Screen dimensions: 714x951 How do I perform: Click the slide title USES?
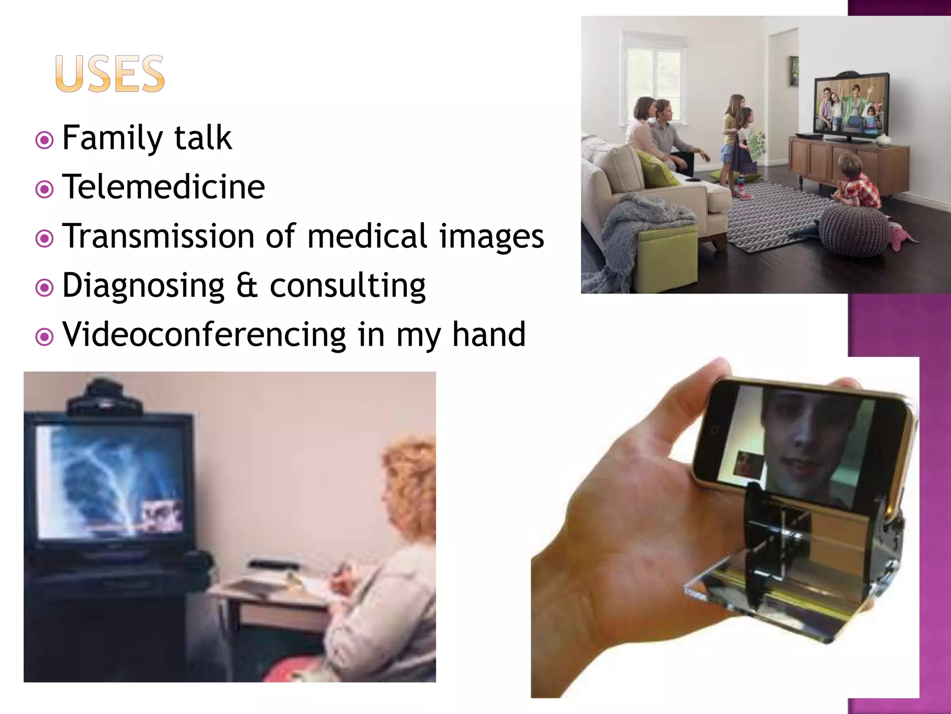click(110, 74)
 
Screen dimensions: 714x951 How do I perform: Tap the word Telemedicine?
click(163, 187)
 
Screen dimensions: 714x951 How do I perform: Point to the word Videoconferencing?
click(204, 334)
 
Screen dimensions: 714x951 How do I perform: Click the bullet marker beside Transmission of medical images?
click(45, 238)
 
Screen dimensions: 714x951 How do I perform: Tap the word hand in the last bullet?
click(489, 334)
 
